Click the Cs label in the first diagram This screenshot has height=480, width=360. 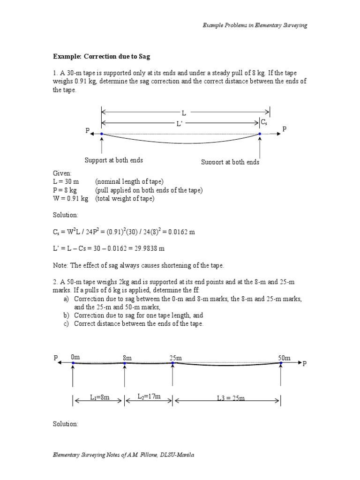[264, 122]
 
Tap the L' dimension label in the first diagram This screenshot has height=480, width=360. [180, 124]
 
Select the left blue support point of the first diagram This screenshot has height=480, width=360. [102, 134]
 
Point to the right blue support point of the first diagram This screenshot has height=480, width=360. [260, 134]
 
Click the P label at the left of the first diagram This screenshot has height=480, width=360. [87, 131]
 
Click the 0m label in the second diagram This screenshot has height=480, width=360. [75, 357]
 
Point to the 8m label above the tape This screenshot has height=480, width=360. [127, 358]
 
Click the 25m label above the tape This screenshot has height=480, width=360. [175, 358]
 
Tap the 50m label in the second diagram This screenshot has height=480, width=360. [284, 358]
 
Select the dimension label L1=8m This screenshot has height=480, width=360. [99, 397]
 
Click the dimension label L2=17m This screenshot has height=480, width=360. [149, 397]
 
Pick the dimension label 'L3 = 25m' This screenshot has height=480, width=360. [231, 398]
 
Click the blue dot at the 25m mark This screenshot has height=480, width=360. [173, 363]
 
